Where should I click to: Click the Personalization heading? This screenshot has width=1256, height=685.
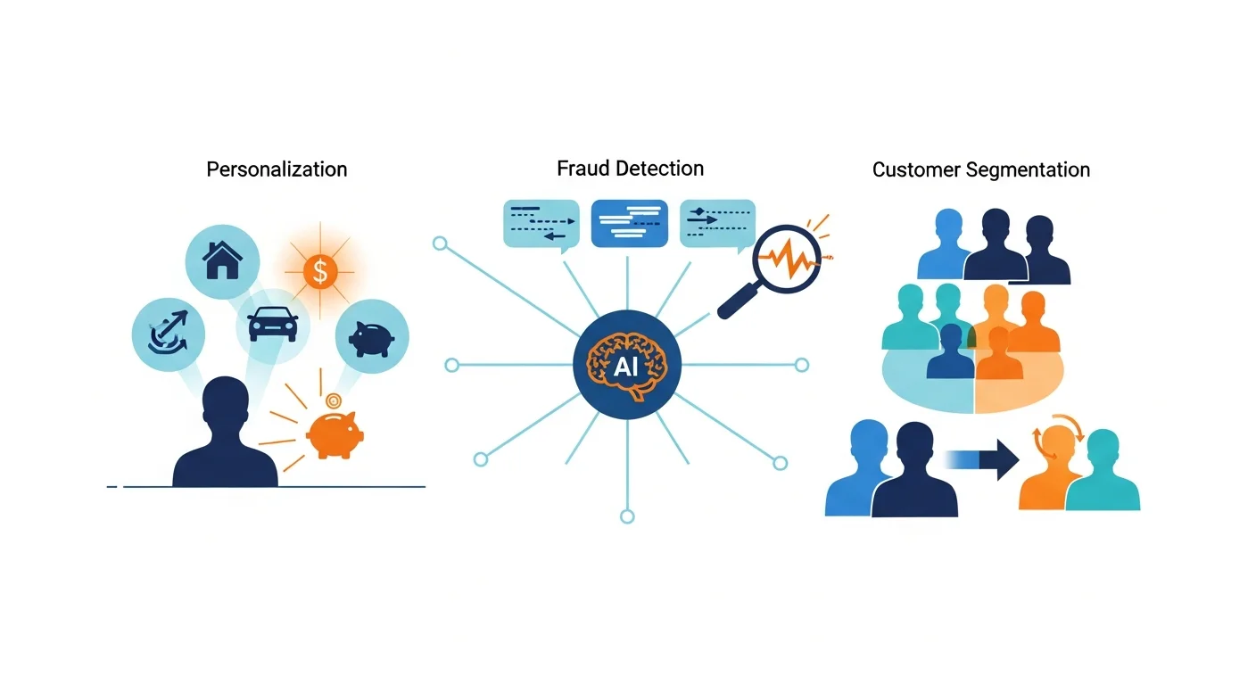tap(277, 169)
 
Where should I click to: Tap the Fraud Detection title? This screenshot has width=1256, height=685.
tap(630, 168)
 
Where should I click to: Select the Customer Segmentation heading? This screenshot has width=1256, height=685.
tap(980, 169)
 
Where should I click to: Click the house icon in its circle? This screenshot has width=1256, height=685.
tap(222, 260)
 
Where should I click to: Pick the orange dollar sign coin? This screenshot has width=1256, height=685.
tap(320, 269)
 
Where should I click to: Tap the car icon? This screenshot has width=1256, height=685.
tap(273, 325)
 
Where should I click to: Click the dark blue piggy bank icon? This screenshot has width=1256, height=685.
tap(372, 336)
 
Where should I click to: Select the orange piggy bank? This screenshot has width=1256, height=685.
tap(332, 434)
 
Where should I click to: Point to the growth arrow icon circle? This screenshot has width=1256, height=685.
tap(168, 334)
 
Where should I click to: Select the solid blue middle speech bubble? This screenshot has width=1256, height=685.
tap(629, 223)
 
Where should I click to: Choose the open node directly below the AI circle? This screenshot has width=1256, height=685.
tap(627, 516)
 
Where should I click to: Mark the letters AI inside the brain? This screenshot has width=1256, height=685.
tap(626, 367)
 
